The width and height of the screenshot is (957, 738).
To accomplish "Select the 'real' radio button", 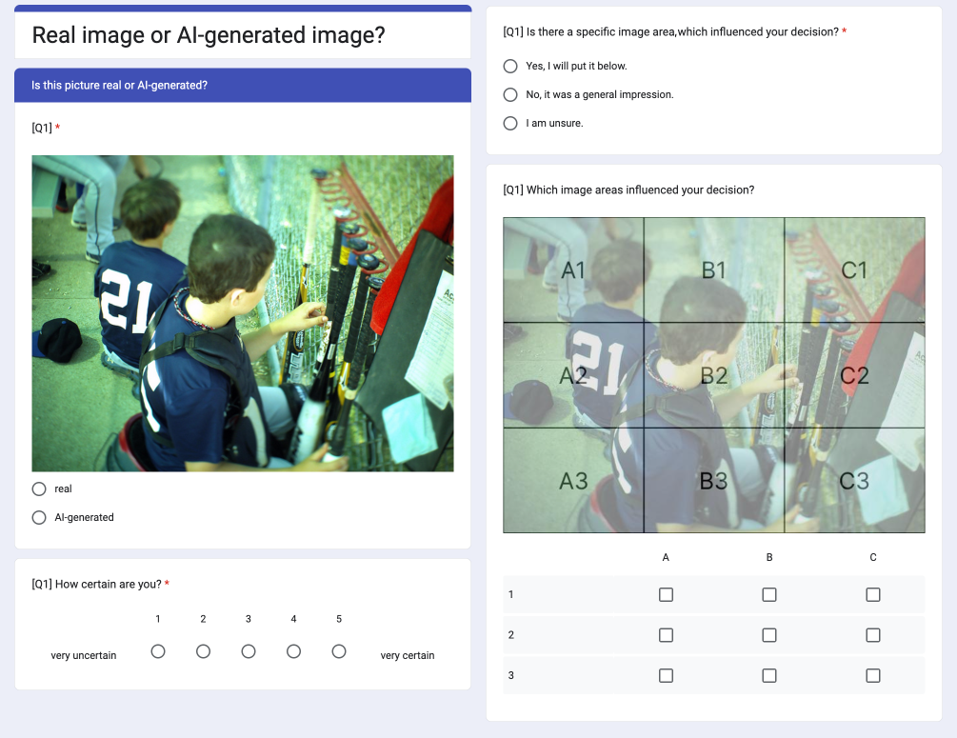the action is [x=39, y=489].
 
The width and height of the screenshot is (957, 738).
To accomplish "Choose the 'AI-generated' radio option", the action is [x=39, y=518].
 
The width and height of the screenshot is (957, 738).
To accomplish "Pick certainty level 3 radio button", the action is [x=249, y=651].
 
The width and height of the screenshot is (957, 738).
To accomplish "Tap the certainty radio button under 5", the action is [x=339, y=651].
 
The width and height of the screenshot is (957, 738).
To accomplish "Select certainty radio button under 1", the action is [x=158, y=651].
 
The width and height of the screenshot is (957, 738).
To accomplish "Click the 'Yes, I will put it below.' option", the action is [x=510, y=66].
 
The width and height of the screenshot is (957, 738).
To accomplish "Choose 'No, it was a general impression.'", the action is [x=510, y=94].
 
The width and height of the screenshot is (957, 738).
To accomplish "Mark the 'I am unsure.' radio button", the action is [x=510, y=123].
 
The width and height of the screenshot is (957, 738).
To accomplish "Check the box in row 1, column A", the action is [x=666, y=594].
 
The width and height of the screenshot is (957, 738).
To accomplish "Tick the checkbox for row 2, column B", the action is [x=769, y=635].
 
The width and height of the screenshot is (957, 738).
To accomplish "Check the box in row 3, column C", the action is [x=873, y=676].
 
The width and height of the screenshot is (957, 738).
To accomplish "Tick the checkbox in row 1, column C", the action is [x=873, y=594].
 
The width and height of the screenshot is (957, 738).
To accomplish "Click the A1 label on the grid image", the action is [x=573, y=269].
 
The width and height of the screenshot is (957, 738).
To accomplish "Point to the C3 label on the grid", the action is [x=854, y=481].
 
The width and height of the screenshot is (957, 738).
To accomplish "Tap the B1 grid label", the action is [x=713, y=269].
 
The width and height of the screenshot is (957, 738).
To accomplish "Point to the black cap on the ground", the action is [x=59, y=339].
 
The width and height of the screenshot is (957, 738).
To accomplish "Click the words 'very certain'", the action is [x=408, y=655].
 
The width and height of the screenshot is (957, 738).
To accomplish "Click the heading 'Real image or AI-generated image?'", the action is [x=209, y=35].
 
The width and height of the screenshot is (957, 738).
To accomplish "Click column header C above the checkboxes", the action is [x=873, y=557].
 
